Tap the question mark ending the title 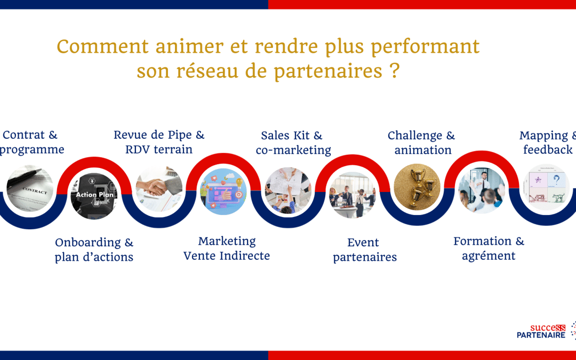395,71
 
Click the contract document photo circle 30,188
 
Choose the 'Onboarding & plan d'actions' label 94,250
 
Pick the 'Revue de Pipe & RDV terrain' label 159,142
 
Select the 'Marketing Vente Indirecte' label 227,249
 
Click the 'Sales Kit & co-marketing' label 293,143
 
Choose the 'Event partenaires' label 365,250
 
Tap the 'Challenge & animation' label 422,143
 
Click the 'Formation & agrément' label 489,249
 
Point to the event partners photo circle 352,195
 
